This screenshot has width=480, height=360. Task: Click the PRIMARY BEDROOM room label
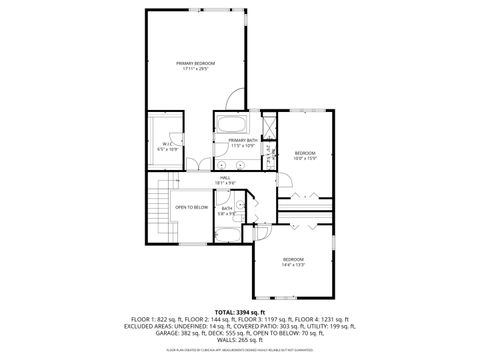(x=196, y=62)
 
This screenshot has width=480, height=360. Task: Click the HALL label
(x=226, y=177)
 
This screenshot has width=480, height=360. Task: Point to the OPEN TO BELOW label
(x=192, y=207)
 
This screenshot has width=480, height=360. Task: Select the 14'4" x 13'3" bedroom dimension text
(x=294, y=265)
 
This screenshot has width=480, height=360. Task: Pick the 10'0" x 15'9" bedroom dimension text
(x=305, y=157)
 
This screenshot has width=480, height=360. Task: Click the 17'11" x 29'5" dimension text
(x=196, y=68)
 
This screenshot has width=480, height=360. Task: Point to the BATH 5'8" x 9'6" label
(x=228, y=210)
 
